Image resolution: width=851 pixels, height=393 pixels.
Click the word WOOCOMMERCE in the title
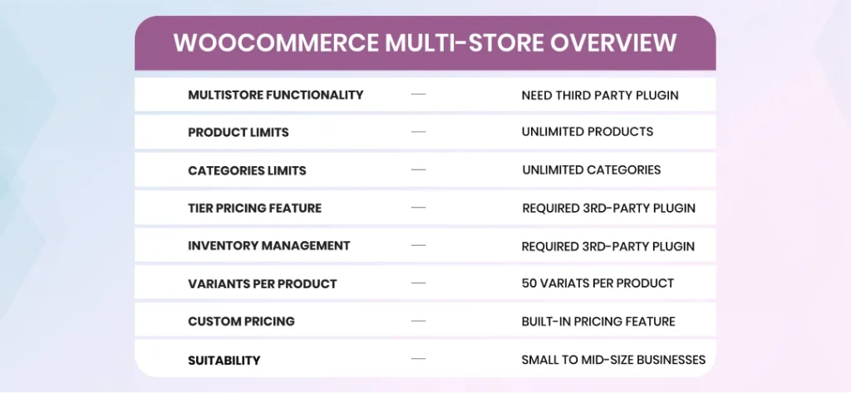pos(276,43)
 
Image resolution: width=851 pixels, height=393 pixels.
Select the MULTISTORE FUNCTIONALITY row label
pos(276,95)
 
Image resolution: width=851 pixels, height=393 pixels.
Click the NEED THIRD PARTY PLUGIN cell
pos(600,96)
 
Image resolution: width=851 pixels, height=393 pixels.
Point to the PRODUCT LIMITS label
pos(239,132)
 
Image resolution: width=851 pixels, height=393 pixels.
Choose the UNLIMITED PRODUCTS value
pos(588,132)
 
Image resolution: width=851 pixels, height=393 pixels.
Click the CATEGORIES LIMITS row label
pos(247,170)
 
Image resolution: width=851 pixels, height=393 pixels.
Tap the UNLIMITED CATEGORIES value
pos(592,169)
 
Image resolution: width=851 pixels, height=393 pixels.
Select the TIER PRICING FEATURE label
pos(254,208)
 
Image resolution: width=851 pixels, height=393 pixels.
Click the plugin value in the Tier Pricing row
pos(608,208)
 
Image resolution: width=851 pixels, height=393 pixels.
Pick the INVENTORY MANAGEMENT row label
pos(268,245)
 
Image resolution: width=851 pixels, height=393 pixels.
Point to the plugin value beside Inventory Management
pos(608,247)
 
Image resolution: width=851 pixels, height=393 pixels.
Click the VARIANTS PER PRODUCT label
pos(262,284)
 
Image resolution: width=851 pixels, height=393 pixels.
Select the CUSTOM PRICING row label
pos(241,322)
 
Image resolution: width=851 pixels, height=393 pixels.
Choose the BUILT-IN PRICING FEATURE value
pos(598,322)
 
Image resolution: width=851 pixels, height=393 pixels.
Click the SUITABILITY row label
pos(224,361)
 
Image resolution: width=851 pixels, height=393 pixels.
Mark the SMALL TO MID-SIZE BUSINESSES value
pos(613,359)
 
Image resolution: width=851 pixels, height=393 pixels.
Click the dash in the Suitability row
pos(419,358)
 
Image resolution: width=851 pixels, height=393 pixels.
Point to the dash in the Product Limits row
pos(419,131)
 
